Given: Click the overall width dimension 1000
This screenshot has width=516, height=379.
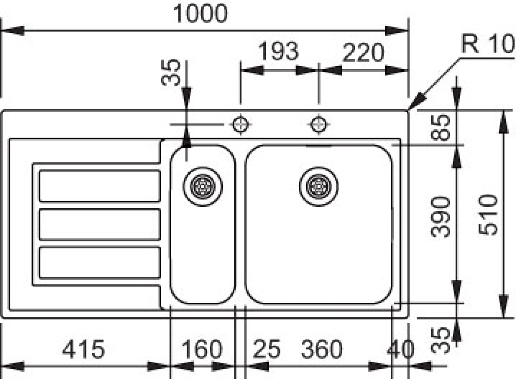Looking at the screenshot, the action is coord(200,14).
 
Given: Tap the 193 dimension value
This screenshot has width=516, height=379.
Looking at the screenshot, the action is coord(278,51).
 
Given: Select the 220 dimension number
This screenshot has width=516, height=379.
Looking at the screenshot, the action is coord(363,53).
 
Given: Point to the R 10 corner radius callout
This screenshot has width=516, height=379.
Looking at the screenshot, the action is coord(488,44).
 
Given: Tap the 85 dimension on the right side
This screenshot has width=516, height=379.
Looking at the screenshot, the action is coord(440,128).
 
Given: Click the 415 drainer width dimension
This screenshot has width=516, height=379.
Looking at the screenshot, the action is coord(83,349).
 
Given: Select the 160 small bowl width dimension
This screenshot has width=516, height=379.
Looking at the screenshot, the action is coord(202,349).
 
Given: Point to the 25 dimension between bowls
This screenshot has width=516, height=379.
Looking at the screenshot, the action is coord(267,349).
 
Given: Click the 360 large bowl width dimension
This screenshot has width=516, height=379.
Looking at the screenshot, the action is coord(322,349).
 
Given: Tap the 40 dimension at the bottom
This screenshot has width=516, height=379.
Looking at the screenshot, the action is coord(400,349).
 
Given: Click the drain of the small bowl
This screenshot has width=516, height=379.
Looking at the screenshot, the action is coord(203,186).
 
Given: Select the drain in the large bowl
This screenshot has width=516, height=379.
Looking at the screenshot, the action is coord(319,186).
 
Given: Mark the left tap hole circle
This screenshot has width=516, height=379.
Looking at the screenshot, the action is coord(240,125).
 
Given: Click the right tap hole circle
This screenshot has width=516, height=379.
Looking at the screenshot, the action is coord(319,125).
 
